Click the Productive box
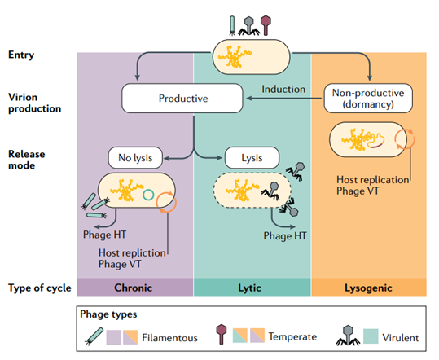click(182, 99)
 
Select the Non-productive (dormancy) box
click(368, 99)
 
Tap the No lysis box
click(135, 158)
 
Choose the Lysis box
click(252, 158)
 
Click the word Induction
click(283, 90)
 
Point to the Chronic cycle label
click(134, 288)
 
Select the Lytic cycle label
click(249, 288)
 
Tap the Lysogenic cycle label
click(368, 288)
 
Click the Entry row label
click(21, 55)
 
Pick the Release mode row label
click(27, 160)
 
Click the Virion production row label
click(35, 103)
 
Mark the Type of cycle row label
click(40, 288)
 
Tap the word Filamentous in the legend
click(169, 338)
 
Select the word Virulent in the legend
click(401, 338)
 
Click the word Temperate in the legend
click(292, 336)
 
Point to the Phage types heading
click(108, 314)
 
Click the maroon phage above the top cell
click(266, 25)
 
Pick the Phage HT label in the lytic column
click(285, 236)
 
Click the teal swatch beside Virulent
click(371, 336)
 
